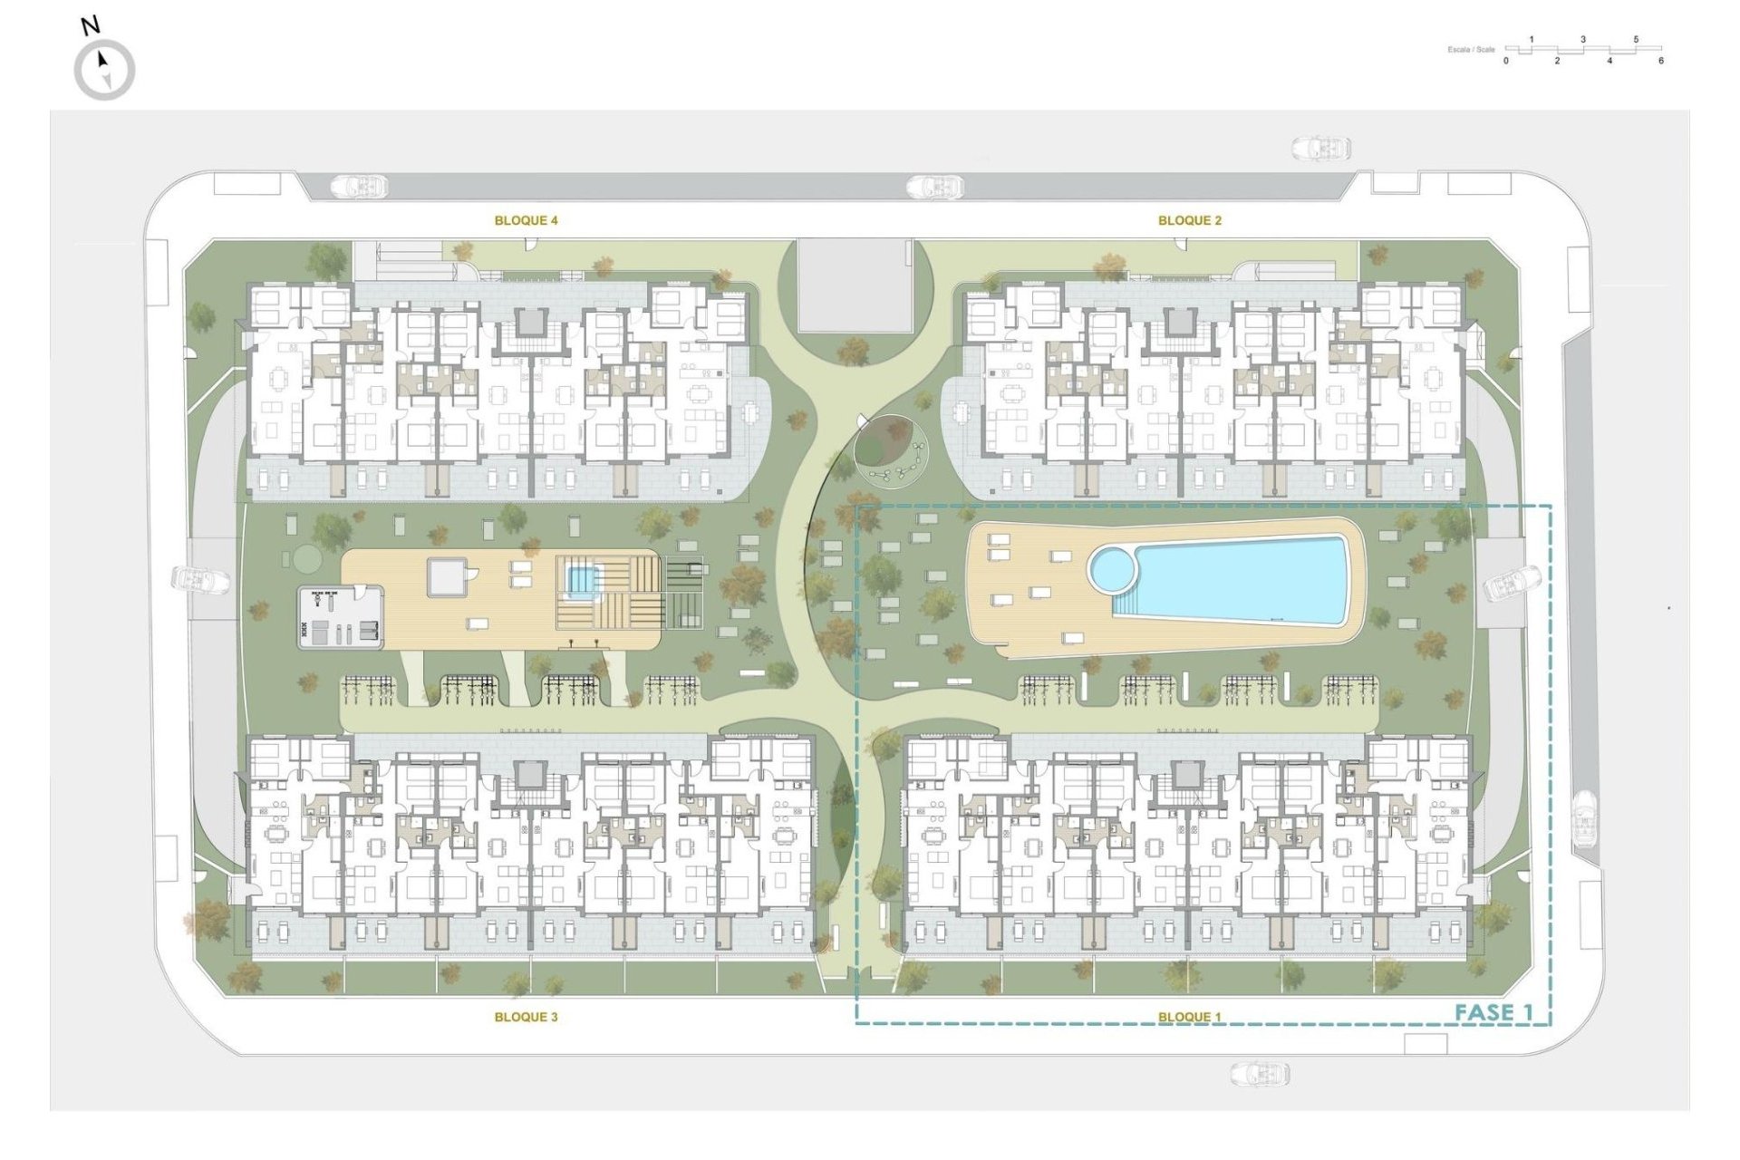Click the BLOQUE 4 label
point(526,220)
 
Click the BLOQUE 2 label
point(1189,220)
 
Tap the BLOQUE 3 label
point(526,1017)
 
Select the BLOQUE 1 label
point(1189,1017)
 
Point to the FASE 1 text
point(1493,1012)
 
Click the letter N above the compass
point(90,26)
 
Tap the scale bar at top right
point(1582,50)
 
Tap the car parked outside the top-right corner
point(1320,148)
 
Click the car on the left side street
point(200,579)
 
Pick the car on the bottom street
point(1260,1074)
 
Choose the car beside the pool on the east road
point(1512,583)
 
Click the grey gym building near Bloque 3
point(341,616)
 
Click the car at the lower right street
point(1584,818)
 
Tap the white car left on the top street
point(360,187)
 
